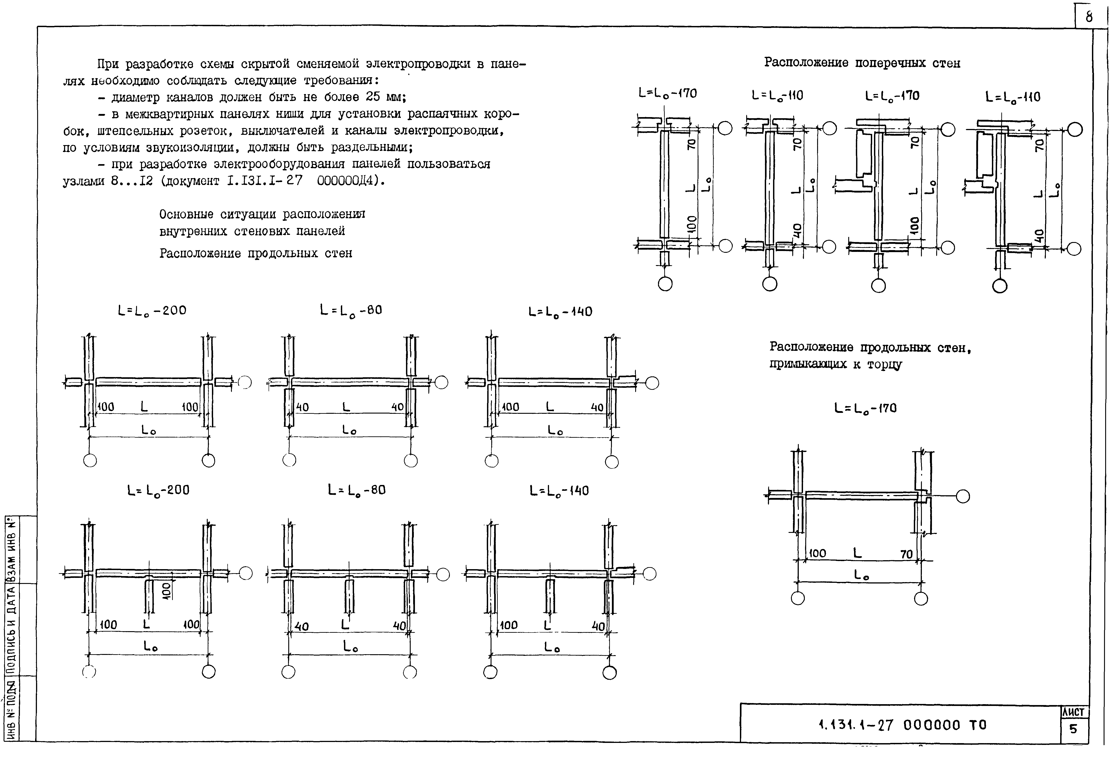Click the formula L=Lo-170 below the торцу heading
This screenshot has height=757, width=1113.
tap(865, 408)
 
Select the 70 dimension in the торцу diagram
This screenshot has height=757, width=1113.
tap(906, 554)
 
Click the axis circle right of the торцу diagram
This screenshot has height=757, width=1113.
tap(963, 496)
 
